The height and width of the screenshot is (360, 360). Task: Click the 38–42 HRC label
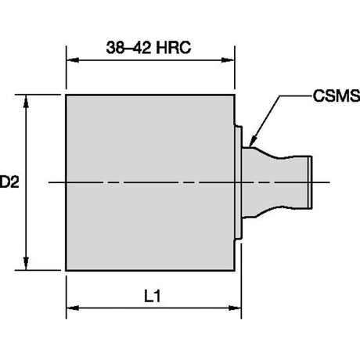click(149, 48)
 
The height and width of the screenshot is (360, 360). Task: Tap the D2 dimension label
click(9, 182)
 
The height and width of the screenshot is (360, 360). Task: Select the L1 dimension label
click(153, 297)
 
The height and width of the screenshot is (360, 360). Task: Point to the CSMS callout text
click(337, 95)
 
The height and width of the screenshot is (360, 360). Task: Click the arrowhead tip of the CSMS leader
click(250, 147)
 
